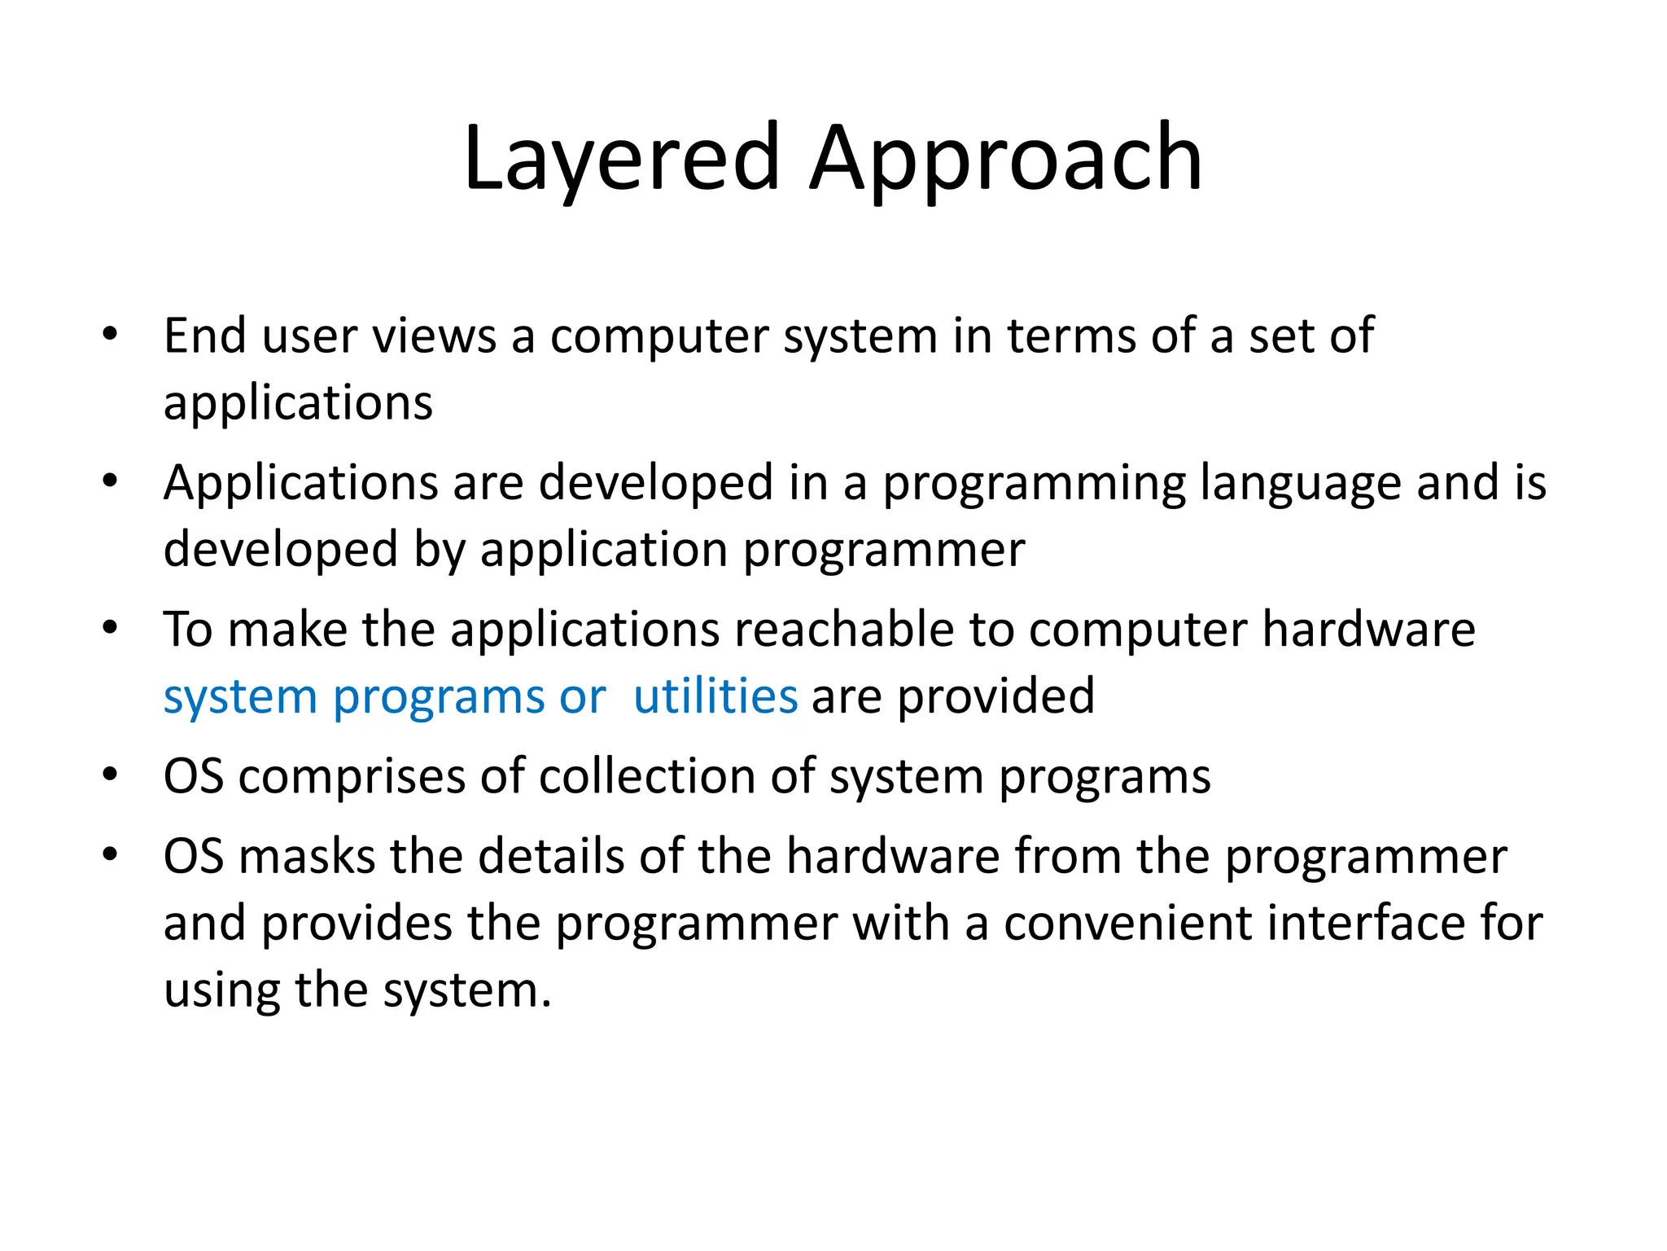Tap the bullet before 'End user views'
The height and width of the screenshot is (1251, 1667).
click(x=110, y=335)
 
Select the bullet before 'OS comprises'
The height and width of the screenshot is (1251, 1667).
click(x=110, y=775)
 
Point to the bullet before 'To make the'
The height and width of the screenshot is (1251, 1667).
click(x=110, y=628)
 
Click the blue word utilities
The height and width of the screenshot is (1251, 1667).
click(x=715, y=696)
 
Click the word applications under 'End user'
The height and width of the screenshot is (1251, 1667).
click(x=298, y=403)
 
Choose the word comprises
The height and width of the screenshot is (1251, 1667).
click(x=352, y=777)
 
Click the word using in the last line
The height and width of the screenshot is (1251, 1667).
click(x=221, y=990)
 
